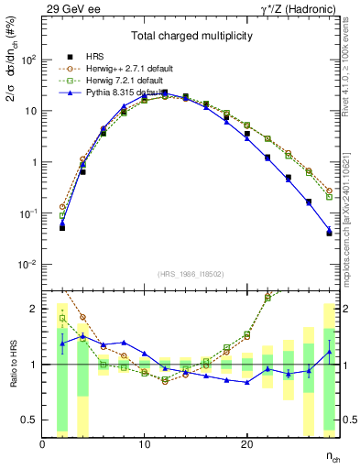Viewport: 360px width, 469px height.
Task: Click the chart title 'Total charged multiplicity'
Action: click(191, 37)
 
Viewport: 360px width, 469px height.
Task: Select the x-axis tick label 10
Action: click(144, 444)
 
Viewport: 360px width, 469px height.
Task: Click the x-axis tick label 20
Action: click(246, 444)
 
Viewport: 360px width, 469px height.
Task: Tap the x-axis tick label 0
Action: click(42, 444)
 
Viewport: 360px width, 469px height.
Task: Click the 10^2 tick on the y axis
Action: click(29, 60)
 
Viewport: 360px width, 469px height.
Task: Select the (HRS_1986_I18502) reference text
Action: click(191, 274)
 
